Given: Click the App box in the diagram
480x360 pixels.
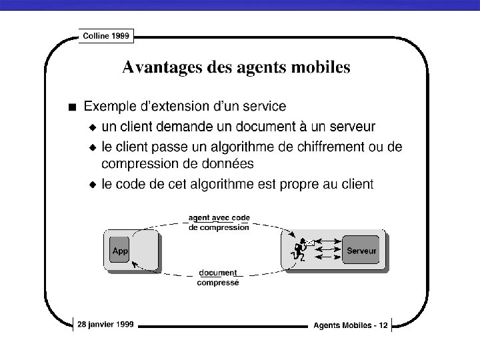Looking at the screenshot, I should point(120,251).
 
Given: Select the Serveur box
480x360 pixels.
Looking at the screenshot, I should point(361,251).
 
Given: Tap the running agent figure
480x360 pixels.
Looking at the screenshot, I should point(299,251).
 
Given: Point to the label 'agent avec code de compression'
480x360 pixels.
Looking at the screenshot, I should point(219,222).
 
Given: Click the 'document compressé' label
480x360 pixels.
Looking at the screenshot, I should point(218,277).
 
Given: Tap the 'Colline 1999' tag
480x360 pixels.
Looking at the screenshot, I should point(106,36).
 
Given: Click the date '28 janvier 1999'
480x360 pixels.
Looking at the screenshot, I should point(105,325).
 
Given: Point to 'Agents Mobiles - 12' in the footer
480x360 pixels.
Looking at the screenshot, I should point(351,325).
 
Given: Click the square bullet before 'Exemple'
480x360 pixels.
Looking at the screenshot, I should point(71,107).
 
